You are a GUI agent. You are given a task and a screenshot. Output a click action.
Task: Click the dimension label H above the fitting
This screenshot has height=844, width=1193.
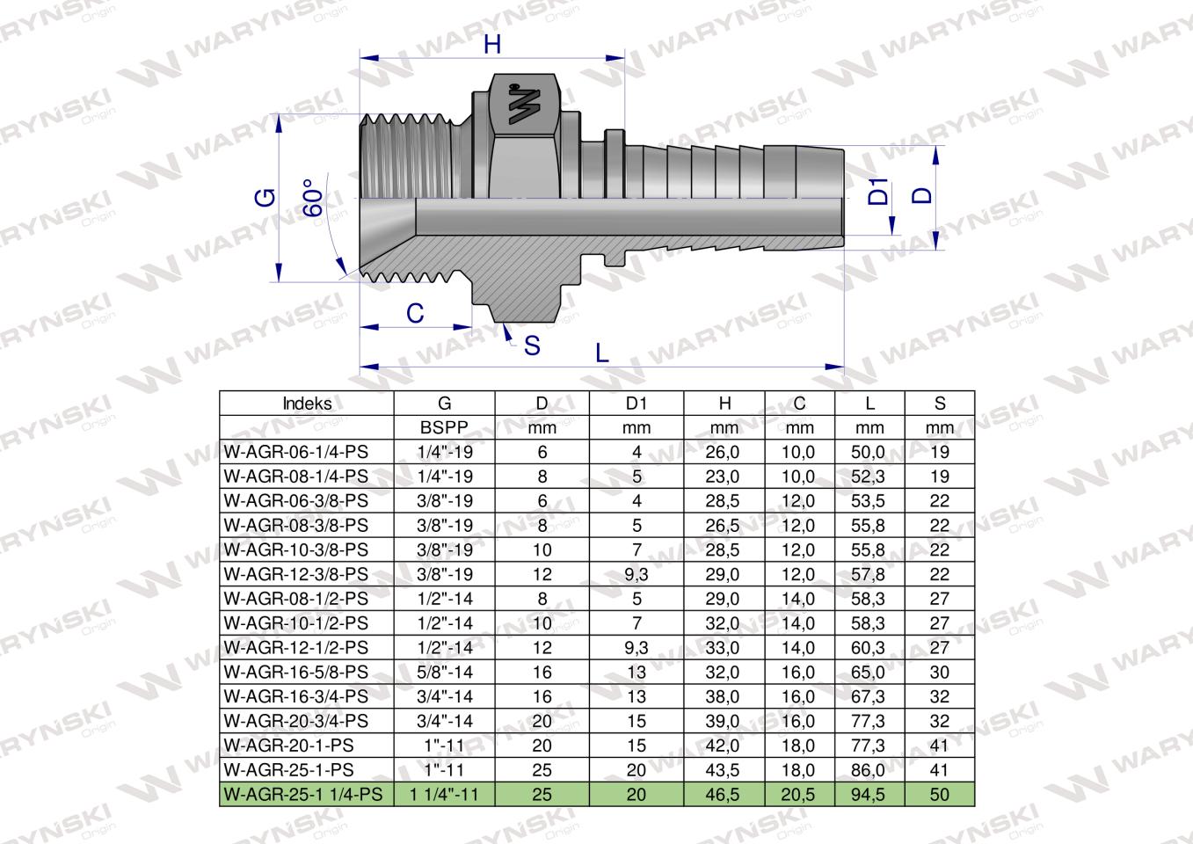(492, 44)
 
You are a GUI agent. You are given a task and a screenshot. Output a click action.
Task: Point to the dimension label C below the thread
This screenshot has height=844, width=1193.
(415, 312)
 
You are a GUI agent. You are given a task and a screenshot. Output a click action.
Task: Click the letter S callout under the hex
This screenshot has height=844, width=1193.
(532, 346)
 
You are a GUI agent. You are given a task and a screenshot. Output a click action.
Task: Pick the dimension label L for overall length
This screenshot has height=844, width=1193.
(602, 353)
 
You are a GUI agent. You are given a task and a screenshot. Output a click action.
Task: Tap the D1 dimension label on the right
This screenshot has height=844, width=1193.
(878, 192)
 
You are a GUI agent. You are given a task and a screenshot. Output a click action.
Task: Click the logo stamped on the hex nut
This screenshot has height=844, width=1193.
(525, 105)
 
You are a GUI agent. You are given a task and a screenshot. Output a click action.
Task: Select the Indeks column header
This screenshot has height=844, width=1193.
(307, 404)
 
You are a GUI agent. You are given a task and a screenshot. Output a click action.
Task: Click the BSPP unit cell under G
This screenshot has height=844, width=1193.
(445, 428)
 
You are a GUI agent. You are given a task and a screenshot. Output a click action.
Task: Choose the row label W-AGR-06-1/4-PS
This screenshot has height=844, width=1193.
(296, 453)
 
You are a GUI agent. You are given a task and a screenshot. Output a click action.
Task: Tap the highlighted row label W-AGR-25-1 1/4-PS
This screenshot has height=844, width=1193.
(303, 795)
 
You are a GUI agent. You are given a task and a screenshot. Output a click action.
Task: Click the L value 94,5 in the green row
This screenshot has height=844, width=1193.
(869, 795)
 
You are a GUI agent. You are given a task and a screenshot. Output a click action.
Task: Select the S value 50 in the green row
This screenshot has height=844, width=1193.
(940, 795)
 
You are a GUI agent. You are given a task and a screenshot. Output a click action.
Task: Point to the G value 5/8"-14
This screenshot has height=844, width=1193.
(445, 673)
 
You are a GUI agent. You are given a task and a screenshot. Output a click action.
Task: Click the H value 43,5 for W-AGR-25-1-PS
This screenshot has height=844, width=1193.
(724, 770)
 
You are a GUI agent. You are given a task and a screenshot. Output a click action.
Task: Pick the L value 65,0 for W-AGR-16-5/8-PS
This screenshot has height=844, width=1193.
(869, 673)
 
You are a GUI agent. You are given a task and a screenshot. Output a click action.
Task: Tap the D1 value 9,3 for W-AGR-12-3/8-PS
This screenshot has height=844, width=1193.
(637, 575)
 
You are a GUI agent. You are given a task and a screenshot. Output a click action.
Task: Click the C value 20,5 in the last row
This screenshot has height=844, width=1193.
(799, 795)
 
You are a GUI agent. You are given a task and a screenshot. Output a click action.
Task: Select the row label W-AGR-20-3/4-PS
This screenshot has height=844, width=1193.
(296, 721)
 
